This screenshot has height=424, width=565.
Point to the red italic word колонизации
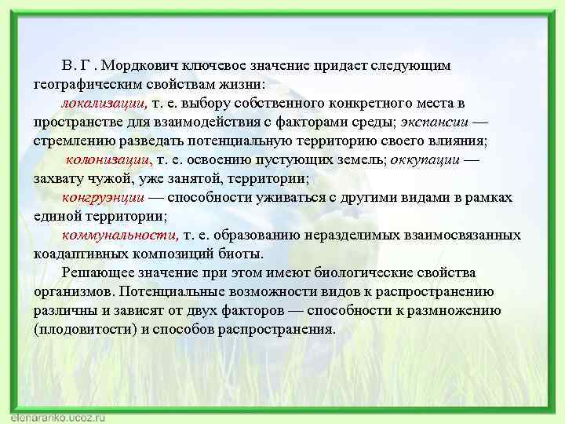110,159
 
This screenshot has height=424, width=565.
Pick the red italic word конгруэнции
103,197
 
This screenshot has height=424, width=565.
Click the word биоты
244,254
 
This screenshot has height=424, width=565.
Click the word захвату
60,178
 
